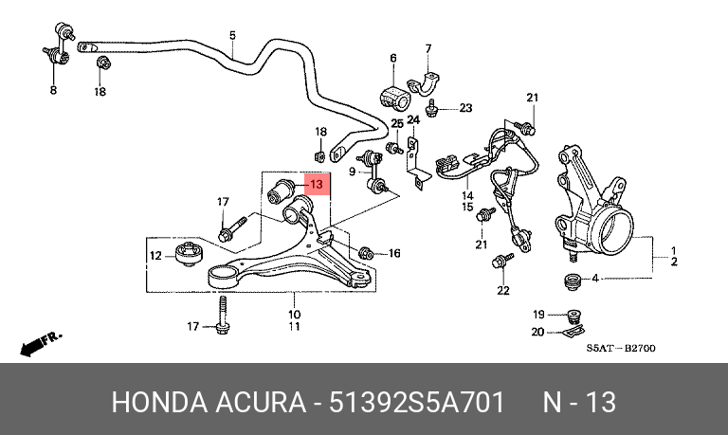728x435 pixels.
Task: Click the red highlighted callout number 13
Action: coord(317,184)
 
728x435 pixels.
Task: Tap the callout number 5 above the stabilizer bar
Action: coord(232,35)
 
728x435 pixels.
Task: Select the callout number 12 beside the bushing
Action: coord(156,255)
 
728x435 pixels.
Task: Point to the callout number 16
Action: coord(394,253)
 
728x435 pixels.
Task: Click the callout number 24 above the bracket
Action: coord(412,119)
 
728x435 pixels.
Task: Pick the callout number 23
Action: coord(465,108)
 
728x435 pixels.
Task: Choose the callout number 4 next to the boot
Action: coord(594,279)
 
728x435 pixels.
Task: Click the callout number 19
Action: coord(538,315)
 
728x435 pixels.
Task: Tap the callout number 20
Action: coord(537,332)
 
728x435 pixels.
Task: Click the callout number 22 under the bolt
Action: coord(502,291)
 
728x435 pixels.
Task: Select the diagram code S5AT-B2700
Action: coord(620,348)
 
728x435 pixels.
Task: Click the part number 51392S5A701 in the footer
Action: coord(416,402)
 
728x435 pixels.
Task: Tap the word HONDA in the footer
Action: coord(159,402)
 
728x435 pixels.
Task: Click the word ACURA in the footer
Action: coord(260,402)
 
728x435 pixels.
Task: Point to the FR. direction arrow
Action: coord(41,343)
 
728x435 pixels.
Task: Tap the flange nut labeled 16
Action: coord(366,253)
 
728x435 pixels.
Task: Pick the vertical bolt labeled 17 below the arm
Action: coord(223,315)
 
